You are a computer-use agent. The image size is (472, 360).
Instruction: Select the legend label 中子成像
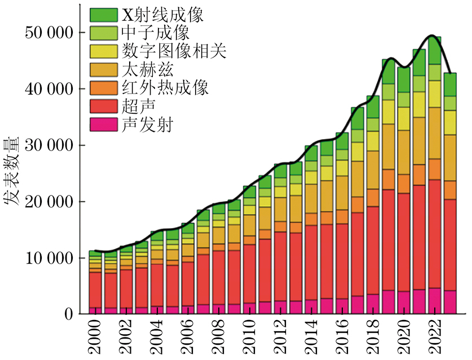click(x=151, y=33)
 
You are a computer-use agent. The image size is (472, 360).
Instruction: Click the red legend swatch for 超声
click(x=104, y=107)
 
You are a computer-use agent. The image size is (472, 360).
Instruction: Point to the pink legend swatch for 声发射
click(x=104, y=125)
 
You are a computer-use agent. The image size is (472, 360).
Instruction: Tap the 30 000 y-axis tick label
click(x=48, y=145)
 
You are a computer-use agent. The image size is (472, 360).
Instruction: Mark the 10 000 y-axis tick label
click(x=48, y=258)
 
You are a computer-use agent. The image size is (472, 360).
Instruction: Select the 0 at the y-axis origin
click(x=68, y=314)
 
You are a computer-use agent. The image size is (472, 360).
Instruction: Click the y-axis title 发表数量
click(x=14, y=169)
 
